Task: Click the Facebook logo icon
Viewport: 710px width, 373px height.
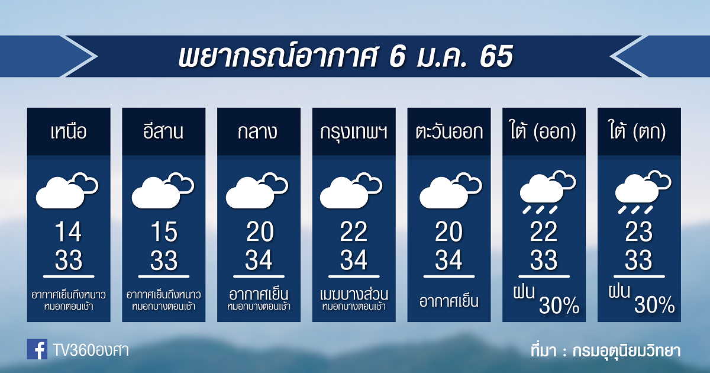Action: coord(37,349)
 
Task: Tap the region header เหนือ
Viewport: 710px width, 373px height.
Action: coord(69,131)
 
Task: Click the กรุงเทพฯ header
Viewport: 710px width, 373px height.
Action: coord(354,132)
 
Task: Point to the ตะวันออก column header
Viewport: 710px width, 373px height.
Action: coord(449,131)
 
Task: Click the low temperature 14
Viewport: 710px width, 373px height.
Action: coord(69,232)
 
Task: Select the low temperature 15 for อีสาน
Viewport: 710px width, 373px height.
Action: coord(164,232)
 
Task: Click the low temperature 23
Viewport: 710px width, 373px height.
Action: coord(638,232)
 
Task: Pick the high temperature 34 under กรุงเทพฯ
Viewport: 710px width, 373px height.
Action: coord(354,260)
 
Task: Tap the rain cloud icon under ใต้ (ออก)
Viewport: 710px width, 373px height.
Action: coord(547,192)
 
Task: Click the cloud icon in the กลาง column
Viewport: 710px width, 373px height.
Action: coord(257,190)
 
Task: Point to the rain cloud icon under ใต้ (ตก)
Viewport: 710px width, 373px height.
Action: coord(643,192)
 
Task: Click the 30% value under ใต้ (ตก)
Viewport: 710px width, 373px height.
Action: coord(654,305)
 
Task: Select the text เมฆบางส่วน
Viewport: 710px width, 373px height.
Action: coord(354,294)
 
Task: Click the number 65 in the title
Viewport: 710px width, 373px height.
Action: coord(496,56)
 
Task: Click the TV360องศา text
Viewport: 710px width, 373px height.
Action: coord(91,350)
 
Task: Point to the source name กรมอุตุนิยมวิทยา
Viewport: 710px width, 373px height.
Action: coord(627,351)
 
